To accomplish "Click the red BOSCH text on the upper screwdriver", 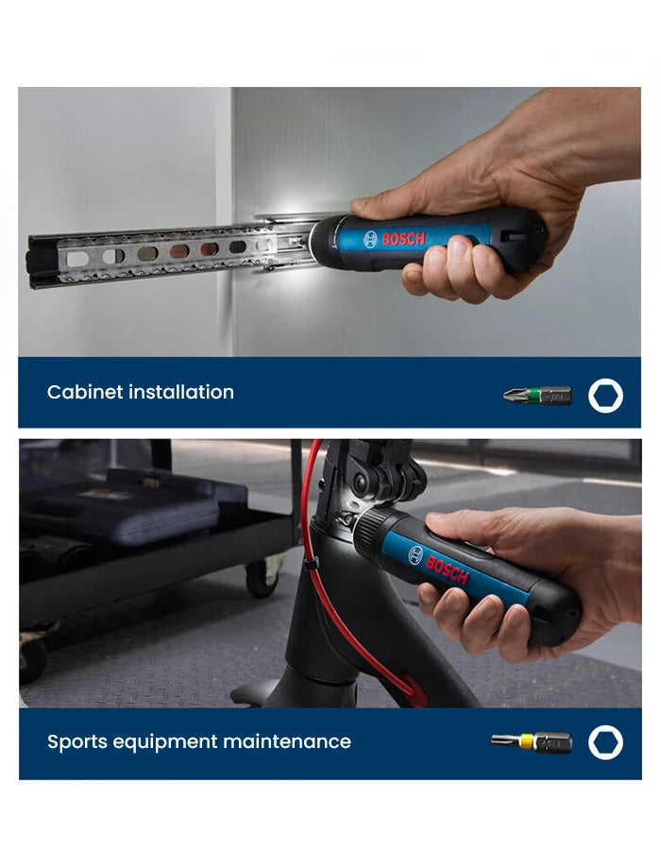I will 403,238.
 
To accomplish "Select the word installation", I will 183,392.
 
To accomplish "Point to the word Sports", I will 78,741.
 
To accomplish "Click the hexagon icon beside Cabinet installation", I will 605,395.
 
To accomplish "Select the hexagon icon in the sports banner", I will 605,742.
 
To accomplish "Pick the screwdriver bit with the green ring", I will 537,395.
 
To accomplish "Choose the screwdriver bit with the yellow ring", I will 531,742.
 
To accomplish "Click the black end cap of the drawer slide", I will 42,261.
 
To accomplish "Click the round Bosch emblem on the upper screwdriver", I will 369,240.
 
